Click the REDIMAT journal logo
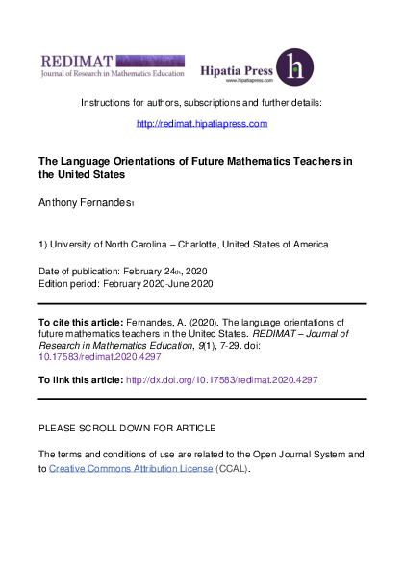[x=106, y=64]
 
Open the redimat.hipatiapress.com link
[x=202, y=124]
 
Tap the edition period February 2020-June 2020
[x=161, y=284]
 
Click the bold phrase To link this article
[x=81, y=380]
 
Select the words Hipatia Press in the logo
[x=234, y=70]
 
